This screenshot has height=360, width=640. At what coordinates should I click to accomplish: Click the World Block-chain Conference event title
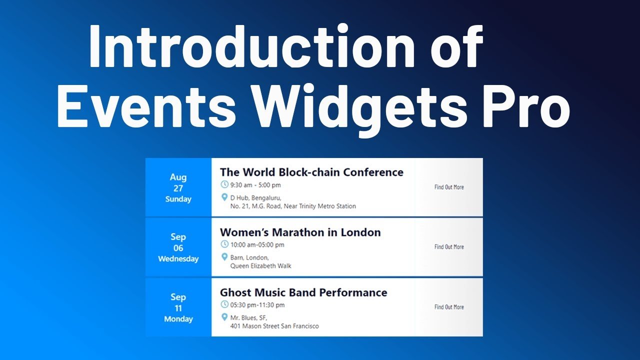(x=311, y=172)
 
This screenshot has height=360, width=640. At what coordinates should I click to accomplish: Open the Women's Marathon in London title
(x=300, y=232)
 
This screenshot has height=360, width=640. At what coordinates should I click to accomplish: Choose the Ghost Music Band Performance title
(x=303, y=292)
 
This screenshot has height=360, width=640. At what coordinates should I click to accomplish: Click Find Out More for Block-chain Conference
(x=448, y=187)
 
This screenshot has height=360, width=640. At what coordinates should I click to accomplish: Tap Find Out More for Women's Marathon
(x=448, y=247)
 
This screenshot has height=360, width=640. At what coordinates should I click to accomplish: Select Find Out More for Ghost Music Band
(x=448, y=307)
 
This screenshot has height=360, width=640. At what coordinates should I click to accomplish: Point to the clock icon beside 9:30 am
(x=224, y=184)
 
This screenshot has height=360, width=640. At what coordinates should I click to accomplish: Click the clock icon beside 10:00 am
(x=224, y=244)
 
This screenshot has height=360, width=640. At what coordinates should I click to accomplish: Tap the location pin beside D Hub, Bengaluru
(x=224, y=197)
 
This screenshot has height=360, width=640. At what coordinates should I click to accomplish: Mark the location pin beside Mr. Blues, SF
(x=224, y=317)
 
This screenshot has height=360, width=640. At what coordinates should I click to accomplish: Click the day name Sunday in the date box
(x=178, y=199)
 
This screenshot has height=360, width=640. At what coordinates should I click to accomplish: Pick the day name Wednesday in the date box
(x=178, y=259)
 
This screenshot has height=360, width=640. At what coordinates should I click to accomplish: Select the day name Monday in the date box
(x=178, y=319)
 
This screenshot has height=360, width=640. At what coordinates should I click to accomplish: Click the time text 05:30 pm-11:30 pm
(x=257, y=305)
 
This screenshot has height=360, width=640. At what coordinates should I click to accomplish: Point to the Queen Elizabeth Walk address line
(x=260, y=266)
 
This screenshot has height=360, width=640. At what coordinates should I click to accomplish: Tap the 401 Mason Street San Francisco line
(x=274, y=326)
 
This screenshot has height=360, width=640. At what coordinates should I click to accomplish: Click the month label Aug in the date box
(x=178, y=177)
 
